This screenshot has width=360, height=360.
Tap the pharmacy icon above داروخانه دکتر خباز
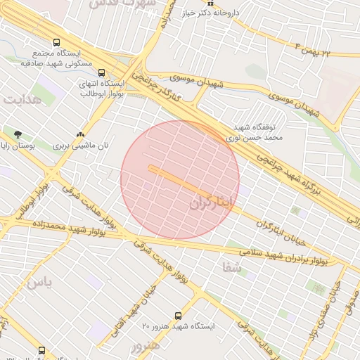210,3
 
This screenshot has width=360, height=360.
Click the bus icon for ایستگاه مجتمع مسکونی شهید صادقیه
56,41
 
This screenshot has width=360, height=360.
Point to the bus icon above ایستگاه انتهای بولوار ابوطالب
102,72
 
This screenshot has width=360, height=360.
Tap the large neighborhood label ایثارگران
210,202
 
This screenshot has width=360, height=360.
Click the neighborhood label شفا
231,268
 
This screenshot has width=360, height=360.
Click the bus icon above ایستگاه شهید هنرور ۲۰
177,316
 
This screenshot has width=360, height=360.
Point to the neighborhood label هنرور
145,346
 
